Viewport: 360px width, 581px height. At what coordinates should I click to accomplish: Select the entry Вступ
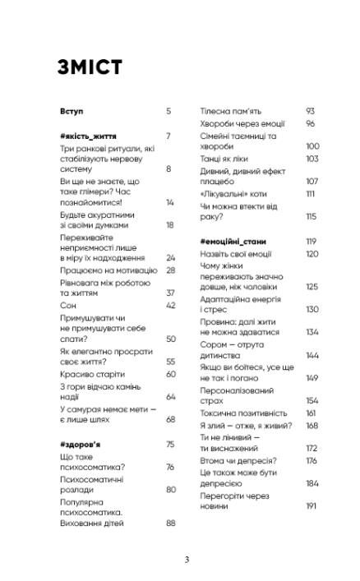click(72, 110)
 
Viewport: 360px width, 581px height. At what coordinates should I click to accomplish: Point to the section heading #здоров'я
click(78, 445)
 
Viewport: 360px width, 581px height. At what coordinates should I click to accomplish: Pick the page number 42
click(171, 305)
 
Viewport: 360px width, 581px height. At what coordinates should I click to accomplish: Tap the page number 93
click(311, 110)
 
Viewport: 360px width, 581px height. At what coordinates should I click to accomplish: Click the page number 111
click(311, 193)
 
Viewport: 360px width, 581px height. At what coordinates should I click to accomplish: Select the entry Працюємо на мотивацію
click(102, 270)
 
